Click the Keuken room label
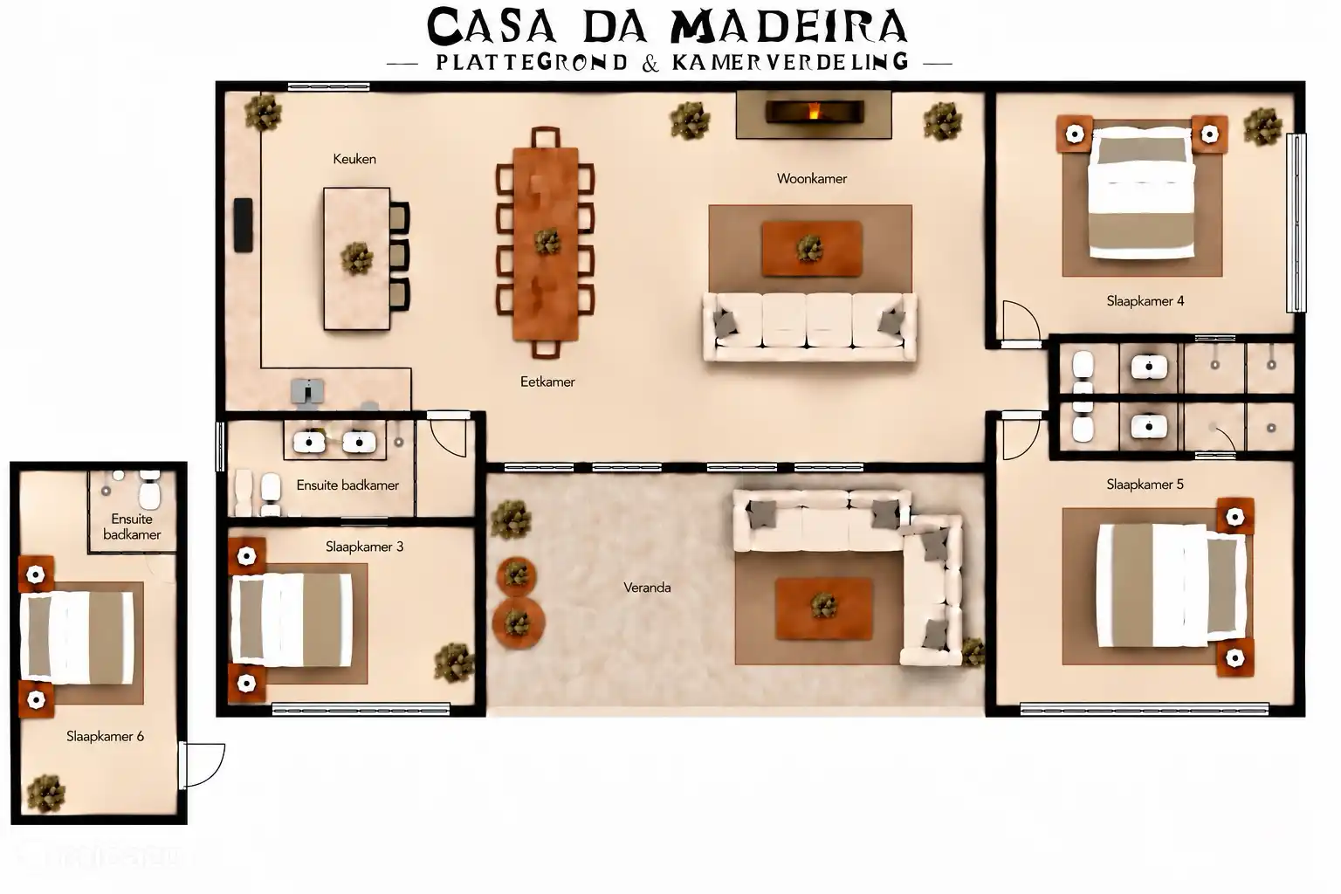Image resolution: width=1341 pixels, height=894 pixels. point(354,159)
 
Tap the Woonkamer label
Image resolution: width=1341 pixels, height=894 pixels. point(812,178)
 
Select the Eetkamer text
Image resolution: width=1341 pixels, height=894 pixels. point(547,382)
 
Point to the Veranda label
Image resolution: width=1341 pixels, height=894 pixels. point(647,588)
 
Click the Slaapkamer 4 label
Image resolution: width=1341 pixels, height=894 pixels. point(1145,301)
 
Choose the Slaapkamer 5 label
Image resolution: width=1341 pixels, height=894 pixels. point(1145,485)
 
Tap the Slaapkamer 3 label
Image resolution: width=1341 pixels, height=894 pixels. point(365,547)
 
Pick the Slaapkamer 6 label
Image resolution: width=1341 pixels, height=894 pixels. point(106,737)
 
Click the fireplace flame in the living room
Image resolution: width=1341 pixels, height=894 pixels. point(814,111)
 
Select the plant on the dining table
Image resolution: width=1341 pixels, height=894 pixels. point(546,241)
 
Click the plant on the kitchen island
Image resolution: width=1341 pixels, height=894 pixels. point(357,258)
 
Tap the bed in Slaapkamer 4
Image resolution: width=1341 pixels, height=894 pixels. point(1141,193)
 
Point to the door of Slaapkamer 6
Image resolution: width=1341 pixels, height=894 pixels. point(202,766)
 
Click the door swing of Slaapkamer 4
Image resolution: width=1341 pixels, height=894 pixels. point(1021,322)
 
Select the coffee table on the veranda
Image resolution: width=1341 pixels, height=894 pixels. point(824,609)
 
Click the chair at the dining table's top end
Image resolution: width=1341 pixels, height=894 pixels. point(546,138)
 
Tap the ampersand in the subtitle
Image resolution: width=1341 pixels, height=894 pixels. point(650,64)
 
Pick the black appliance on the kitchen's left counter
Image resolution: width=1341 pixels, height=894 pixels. point(243,225)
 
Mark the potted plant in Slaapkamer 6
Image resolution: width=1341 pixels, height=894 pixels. point(45,794)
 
